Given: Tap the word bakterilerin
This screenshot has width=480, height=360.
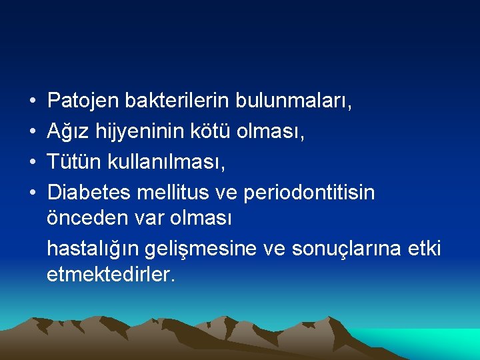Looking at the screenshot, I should pos(179,101).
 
